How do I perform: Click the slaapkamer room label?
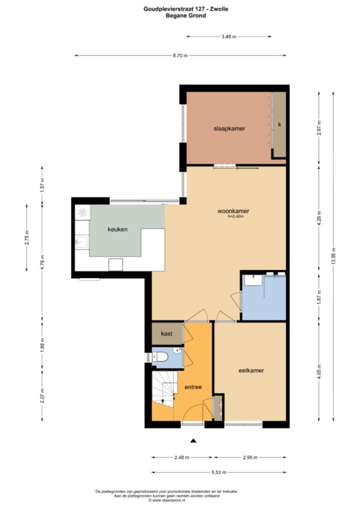229,129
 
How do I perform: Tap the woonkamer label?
233,211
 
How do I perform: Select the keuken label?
117,229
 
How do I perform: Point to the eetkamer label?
251,370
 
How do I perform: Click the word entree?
193,387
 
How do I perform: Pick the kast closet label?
167,334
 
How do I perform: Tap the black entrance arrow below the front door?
193,440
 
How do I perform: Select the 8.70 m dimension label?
180,56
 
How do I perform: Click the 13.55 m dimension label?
333,256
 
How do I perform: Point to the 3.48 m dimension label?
229,37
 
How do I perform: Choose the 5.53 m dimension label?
219,472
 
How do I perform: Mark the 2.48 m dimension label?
182,457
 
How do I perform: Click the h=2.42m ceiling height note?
236,216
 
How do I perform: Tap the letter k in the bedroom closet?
279,124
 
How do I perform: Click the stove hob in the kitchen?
83,213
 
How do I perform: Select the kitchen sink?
82,242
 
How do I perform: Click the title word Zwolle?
219,9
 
